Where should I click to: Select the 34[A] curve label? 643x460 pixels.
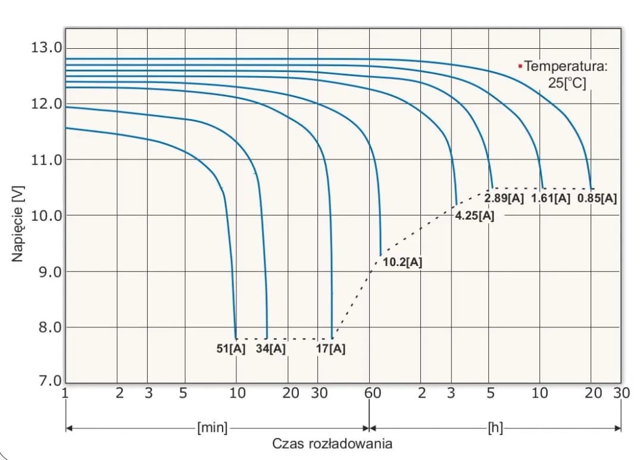(271, 349)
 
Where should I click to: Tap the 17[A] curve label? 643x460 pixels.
(331, 349)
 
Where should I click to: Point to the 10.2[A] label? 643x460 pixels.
(402, 262)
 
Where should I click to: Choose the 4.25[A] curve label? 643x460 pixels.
(475, 216)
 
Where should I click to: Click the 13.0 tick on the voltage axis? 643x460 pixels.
(46, 47)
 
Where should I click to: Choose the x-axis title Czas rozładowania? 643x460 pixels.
(332, 444)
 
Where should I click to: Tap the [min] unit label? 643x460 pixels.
(213, 427)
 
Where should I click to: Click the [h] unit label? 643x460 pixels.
(495, 427)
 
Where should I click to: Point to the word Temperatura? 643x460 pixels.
(566, 67)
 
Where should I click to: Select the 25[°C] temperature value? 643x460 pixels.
(567, 83)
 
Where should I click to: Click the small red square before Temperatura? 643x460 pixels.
(520, 65)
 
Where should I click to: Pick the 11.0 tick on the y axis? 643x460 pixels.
(46, 159)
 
